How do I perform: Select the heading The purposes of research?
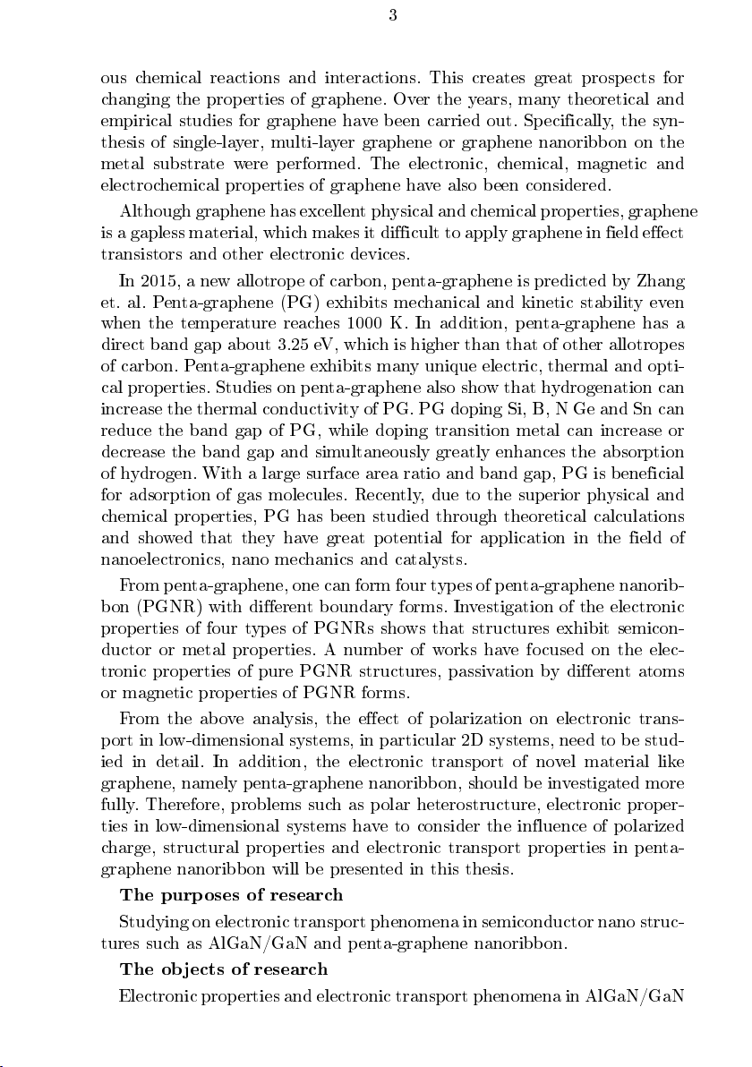pyautogui.click(x=231, y=896)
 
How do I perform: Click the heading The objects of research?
pyautogui.click(x=224, y=969)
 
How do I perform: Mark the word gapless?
pyautogui.click(x=146, y=232)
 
